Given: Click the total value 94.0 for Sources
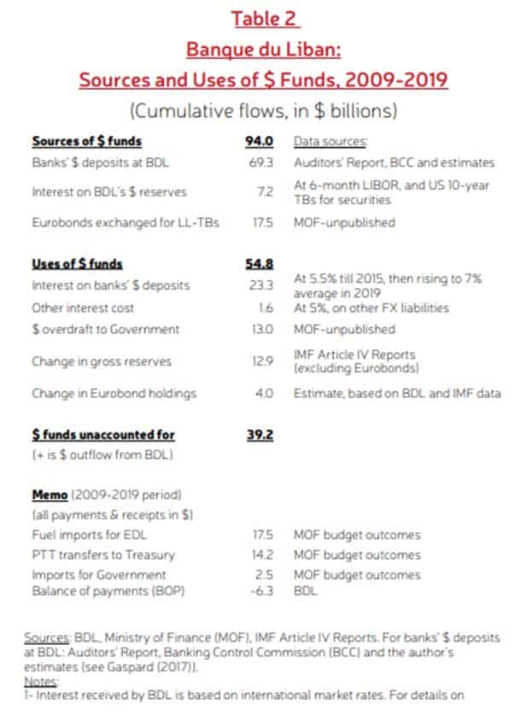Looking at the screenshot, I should pos(259,141).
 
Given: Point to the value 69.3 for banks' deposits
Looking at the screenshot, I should pos(260,162).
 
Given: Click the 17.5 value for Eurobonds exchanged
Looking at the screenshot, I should pos(260,223).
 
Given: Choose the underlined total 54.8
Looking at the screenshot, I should pos(259,264).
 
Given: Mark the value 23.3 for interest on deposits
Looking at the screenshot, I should pos(260,285).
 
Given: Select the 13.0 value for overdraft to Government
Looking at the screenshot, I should pos(260,329).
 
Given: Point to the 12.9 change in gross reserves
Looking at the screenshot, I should pos(260,361).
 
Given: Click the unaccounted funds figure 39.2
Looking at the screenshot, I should pos(259,435).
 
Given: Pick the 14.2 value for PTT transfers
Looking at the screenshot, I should pos(260,555).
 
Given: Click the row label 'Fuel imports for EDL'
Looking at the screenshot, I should pos(84,536).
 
